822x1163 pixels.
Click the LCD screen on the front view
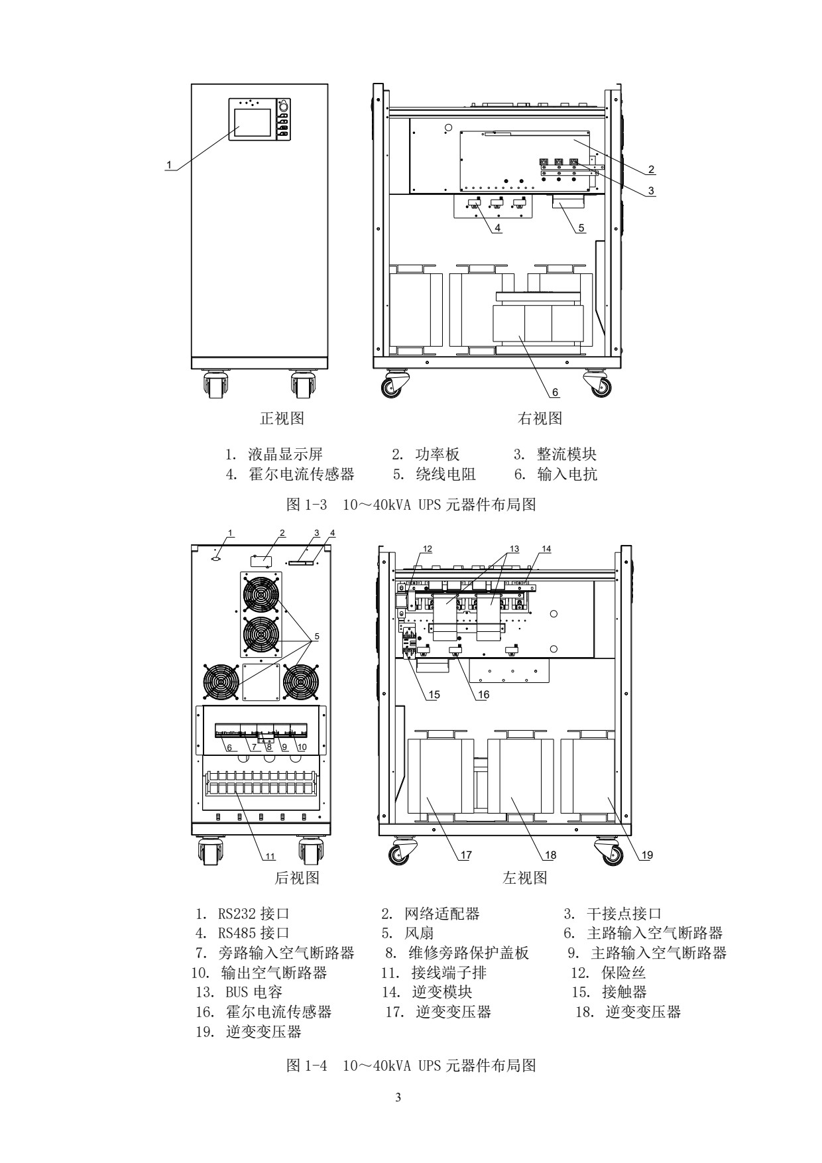point(252,122)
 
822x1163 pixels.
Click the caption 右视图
point(540,418)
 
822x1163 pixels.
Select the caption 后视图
point(297,878)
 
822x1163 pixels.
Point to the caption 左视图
point(525,878)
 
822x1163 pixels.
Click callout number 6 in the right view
point(556,393)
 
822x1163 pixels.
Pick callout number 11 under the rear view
point(270,856)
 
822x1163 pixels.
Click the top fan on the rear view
point(261,593)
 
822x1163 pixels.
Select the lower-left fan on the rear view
point(221,682)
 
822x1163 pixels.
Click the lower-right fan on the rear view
point(300,682)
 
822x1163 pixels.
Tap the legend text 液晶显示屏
point(285,454)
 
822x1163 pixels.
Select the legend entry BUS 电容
point(254,992)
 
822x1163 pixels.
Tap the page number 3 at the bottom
point(398,1097)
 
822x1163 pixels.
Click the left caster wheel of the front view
point(215,385)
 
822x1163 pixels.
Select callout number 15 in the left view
point(434,694)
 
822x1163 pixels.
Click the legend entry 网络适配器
point(441,914)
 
